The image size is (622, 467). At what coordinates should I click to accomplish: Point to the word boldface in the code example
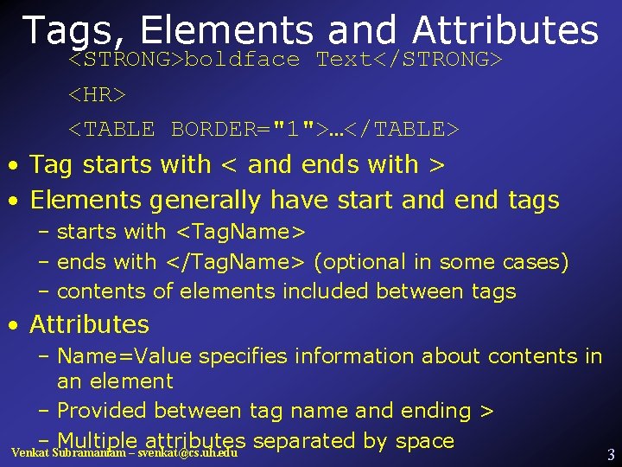click(x=242, y=60)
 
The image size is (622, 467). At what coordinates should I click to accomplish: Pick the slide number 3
click(x=611, y=454)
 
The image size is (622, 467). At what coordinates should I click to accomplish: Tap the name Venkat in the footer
click(x=29, y=453)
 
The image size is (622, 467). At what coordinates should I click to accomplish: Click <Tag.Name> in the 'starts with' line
click(x=239, y=232)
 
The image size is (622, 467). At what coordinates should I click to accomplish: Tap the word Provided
click(x=97, y=411)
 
